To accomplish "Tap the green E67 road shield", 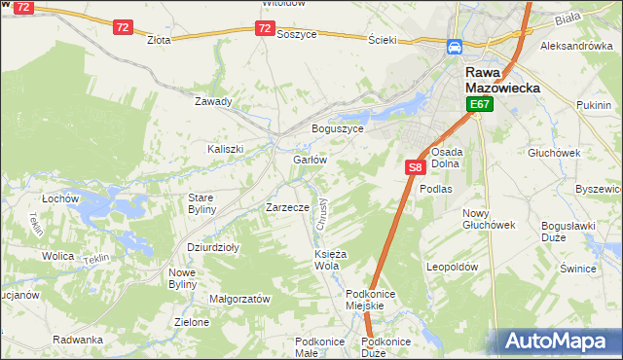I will (478, 104).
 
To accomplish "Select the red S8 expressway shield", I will (415, 167).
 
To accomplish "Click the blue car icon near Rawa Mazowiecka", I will (455, 47).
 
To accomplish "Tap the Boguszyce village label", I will (337, 128).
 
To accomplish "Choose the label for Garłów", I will (309, 160).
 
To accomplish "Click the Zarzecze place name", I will (287, 207).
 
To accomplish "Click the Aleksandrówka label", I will (575, 46).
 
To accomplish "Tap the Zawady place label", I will (213, 101).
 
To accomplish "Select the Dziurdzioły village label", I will (213, 247).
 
